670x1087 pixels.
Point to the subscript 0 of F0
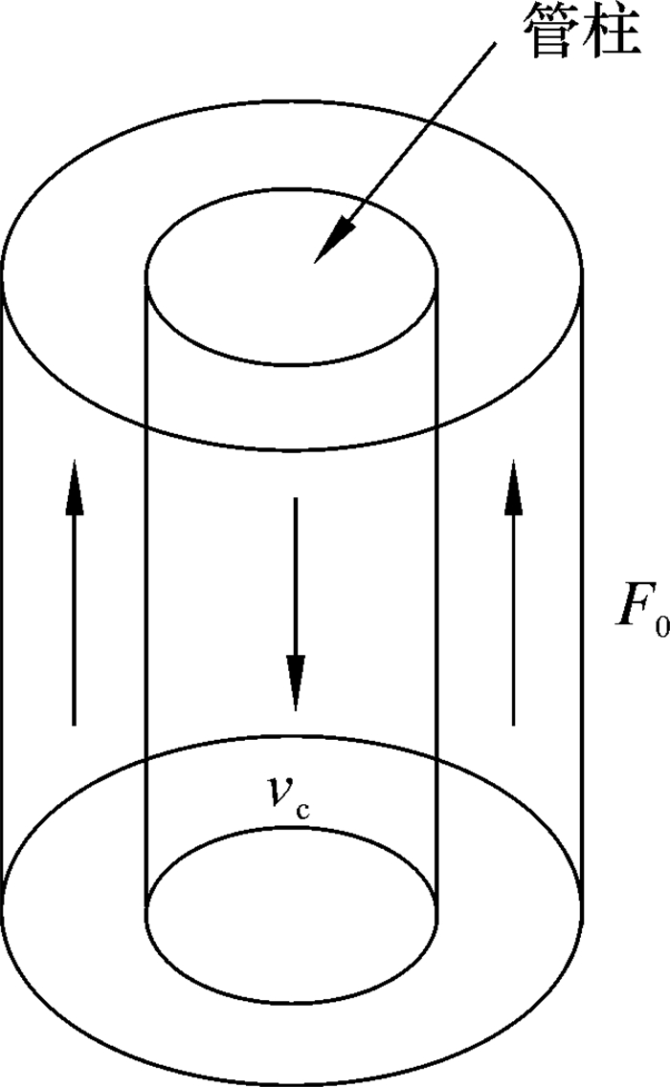pyautogui.click(x=660, y=627)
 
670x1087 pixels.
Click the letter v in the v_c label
pyautogui.click(x=280, y=790)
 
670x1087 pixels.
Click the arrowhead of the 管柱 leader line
pyautogui.click(x=329, y=243)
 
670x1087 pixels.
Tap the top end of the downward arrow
pyautogui.click(x=296, y=498)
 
